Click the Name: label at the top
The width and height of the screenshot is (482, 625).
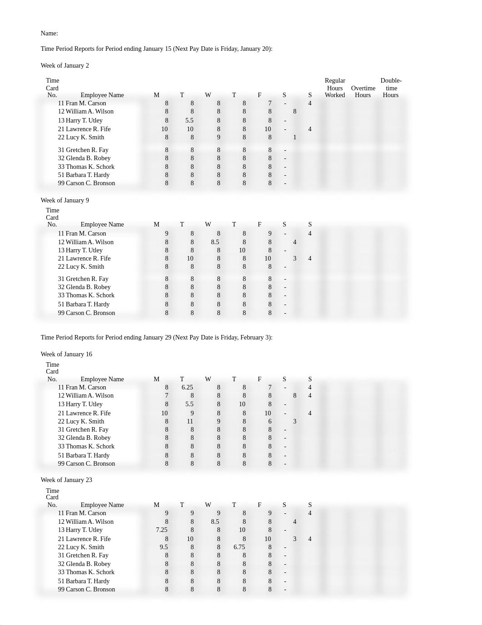pos(49,33)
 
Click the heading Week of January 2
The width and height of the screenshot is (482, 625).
pos(64,65)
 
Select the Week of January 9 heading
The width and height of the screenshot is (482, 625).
pos(64,200)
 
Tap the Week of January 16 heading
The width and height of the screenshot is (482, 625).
pos(66,354)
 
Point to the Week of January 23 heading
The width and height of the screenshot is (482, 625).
pos(66,480)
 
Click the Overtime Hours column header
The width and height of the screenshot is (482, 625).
pos(363,92)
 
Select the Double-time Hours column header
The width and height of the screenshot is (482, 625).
pos(391,88)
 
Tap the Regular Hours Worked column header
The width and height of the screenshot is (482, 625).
pos(335,88)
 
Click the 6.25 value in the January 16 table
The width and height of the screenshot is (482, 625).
pos(187,387)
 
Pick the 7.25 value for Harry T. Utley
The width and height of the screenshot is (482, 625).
pos(162,530)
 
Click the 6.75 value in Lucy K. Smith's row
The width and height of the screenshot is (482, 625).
pos(239,547)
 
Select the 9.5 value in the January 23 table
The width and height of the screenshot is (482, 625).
pos(163,547)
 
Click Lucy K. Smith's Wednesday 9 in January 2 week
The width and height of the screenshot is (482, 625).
pos(218,137)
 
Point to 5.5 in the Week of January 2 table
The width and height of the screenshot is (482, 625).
pos(189,120)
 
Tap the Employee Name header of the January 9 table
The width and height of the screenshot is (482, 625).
pos(102,224)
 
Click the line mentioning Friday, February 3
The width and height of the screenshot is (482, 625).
pos(157,337)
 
